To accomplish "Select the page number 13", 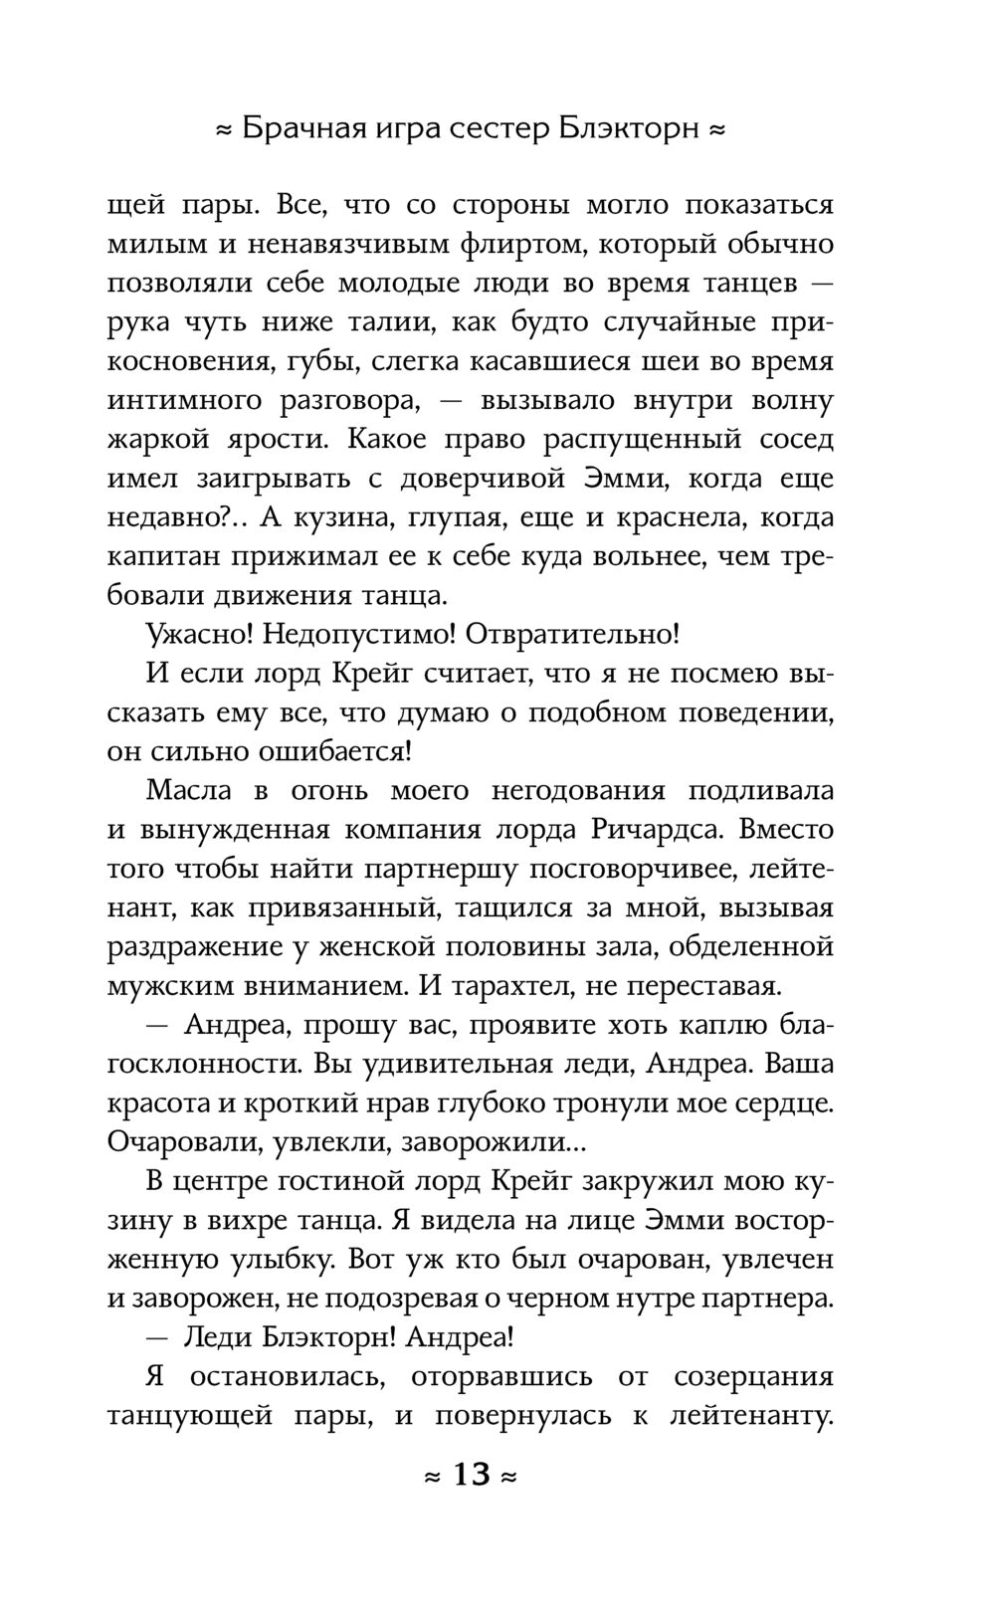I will pyautogui.click(x=472, y=1474).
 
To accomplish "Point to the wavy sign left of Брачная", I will pyautogui.click(x=225, y=130).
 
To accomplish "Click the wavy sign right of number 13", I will pyautogui.click(x=508, y=1476).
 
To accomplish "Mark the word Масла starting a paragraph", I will pyautogui.click(x=188, y=791).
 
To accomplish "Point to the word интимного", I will pyautogui.click(x=186, y=401).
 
